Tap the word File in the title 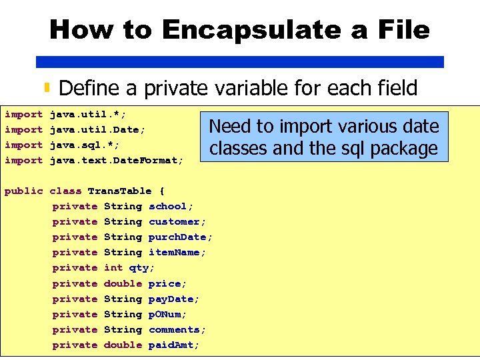coord(401,30)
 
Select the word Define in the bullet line coord(89,88)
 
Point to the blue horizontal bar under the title coord(240,62)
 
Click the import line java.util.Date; coord(98,129)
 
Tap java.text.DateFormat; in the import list coord(116,160)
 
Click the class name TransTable coord(119,191)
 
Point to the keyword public coord(23,191)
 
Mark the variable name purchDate coord(181,237)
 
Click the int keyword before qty coord(113,267)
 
